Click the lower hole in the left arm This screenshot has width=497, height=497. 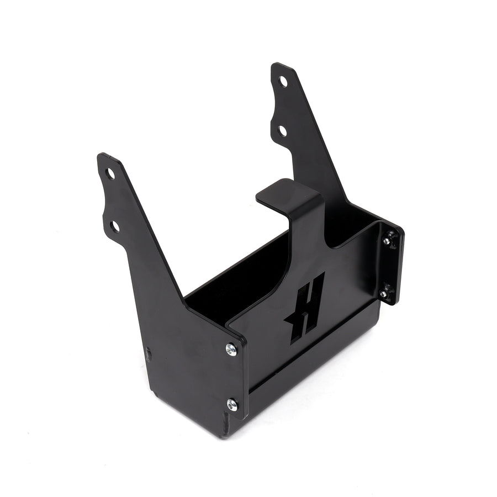pos(115,226)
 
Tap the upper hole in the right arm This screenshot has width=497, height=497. pos(283,81)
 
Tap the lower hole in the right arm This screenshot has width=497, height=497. pos(282,131)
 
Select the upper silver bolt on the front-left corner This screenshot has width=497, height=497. pos(231,348)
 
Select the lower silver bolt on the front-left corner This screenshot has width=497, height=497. pos(232,405)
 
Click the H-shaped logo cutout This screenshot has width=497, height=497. pos(305,306)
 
